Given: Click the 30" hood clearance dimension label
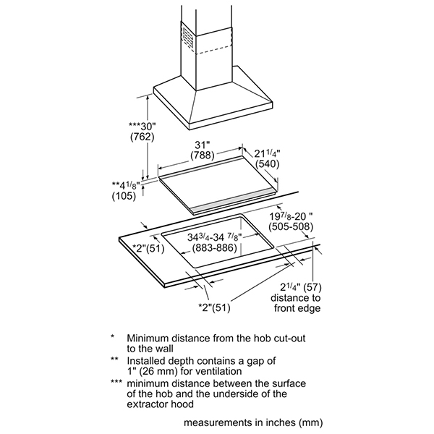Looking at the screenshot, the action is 142,127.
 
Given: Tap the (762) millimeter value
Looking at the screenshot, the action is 142,137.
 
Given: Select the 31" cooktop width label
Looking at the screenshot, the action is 203,145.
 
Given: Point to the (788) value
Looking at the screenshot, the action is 203,156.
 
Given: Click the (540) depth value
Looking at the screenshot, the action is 267,164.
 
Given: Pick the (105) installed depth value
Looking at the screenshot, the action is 124,196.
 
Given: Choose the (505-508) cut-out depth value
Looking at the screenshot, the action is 291,226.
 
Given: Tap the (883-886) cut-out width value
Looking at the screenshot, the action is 215,247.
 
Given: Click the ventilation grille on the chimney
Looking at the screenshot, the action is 188,38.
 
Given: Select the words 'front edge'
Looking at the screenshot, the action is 297,308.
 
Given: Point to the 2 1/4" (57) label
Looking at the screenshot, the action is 301,288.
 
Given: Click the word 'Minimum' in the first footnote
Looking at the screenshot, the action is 148,339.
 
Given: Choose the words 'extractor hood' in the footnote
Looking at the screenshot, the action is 161,404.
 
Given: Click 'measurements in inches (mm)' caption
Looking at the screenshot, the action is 253,422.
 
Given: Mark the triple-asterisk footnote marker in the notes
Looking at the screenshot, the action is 116,382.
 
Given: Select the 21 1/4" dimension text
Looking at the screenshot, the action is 267,153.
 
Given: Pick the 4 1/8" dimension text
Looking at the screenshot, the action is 124,185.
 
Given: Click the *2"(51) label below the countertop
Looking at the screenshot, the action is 215,307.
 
